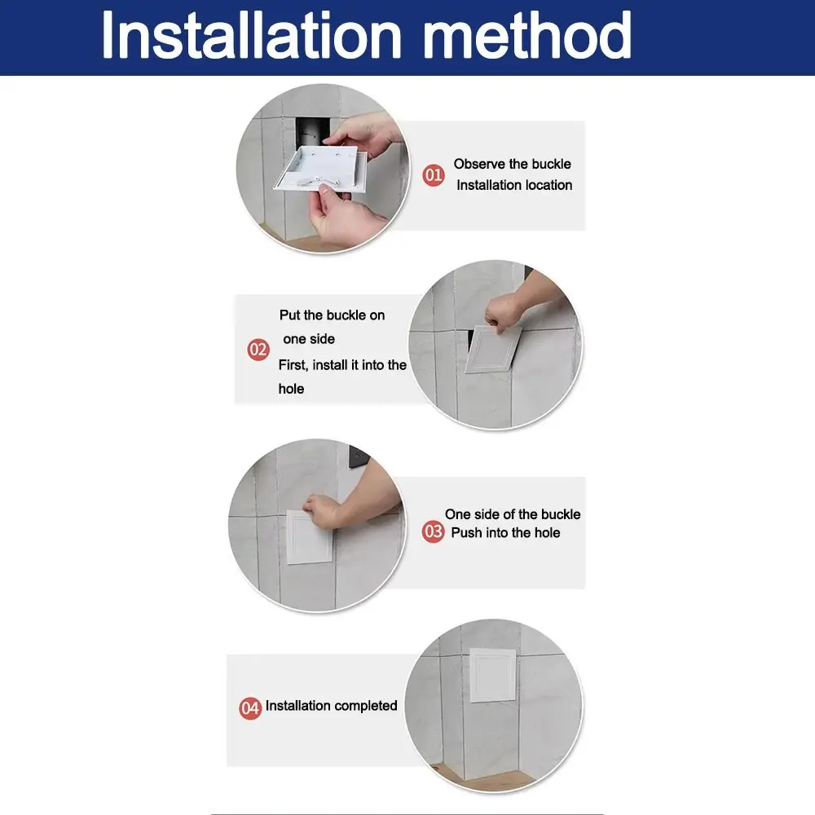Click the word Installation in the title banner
[x=252, y=35]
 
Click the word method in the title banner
[x=528, y=35]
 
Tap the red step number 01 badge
[x=433, y=175]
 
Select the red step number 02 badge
[x=258, y=350]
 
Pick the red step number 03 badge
[x=433, y=531]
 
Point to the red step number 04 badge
[x=250, y=708]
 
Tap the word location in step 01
[x=546, y=185]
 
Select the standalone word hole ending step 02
[x=291, y=389]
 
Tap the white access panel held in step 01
[x=319, y=169]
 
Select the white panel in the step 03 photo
[x=309, y=538]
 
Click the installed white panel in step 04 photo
[x=493, y=674]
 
